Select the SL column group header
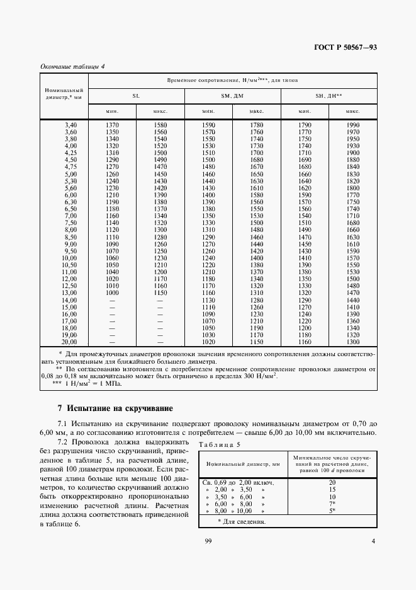tap(136, 96)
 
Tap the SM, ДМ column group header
tap(232, 96)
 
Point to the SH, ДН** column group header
tap(329, 96)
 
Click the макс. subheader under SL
tap(160, 112)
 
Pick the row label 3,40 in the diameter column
tap(69, 126)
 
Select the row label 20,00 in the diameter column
tap(68, 342)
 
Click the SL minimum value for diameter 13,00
tap(112, 293)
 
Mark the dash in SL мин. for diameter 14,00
tap(112, 301)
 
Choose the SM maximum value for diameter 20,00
tap(256, 342)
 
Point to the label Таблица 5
tap(219, 445)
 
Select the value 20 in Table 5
tap(332, 482)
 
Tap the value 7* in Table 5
tap(332, 504)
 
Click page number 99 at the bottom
tap(208, 541)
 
